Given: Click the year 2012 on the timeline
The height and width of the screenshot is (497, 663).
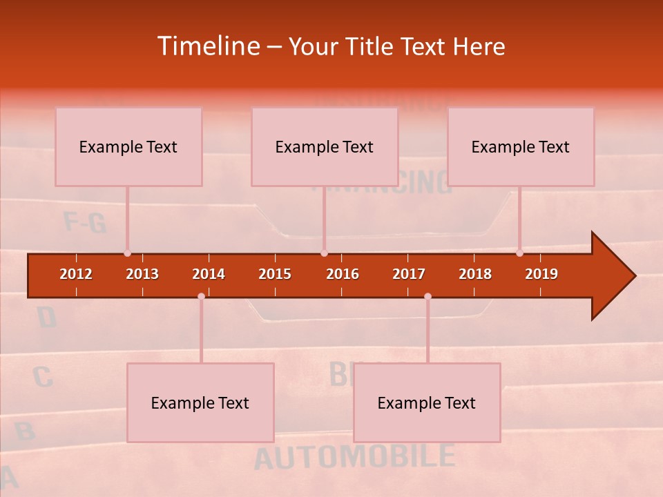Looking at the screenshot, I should point(76,274).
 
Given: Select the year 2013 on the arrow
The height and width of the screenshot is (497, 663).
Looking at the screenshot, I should point(142,274).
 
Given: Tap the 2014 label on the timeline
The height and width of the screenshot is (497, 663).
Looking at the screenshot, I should point(209,274).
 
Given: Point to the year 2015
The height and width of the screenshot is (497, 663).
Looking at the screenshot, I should point(275,274).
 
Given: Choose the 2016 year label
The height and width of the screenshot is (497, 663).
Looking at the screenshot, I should point(343,274).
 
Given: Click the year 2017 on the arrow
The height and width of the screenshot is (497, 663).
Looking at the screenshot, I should point(409,274).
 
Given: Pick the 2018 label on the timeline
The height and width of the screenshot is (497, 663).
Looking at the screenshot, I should point(475,274).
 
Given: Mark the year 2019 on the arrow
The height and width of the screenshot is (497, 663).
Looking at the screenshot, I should point(541,274).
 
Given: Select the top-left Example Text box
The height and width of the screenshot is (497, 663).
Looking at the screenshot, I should point(128,146).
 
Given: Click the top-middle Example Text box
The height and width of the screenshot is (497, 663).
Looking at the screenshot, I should point(325,146).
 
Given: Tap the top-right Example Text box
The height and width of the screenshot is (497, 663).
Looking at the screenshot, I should point(521,146).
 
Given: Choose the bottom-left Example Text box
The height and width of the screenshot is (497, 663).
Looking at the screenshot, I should point(200,402).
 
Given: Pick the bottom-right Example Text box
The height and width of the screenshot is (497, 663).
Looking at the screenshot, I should point(427,402).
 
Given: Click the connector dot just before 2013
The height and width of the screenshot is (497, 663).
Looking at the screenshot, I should point(127,253).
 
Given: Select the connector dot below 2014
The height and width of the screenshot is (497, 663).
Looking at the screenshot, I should point(201,297).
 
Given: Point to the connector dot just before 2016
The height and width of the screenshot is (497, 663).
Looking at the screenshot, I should point(324,253).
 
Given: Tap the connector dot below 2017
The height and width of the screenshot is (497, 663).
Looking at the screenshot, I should point(427,297).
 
